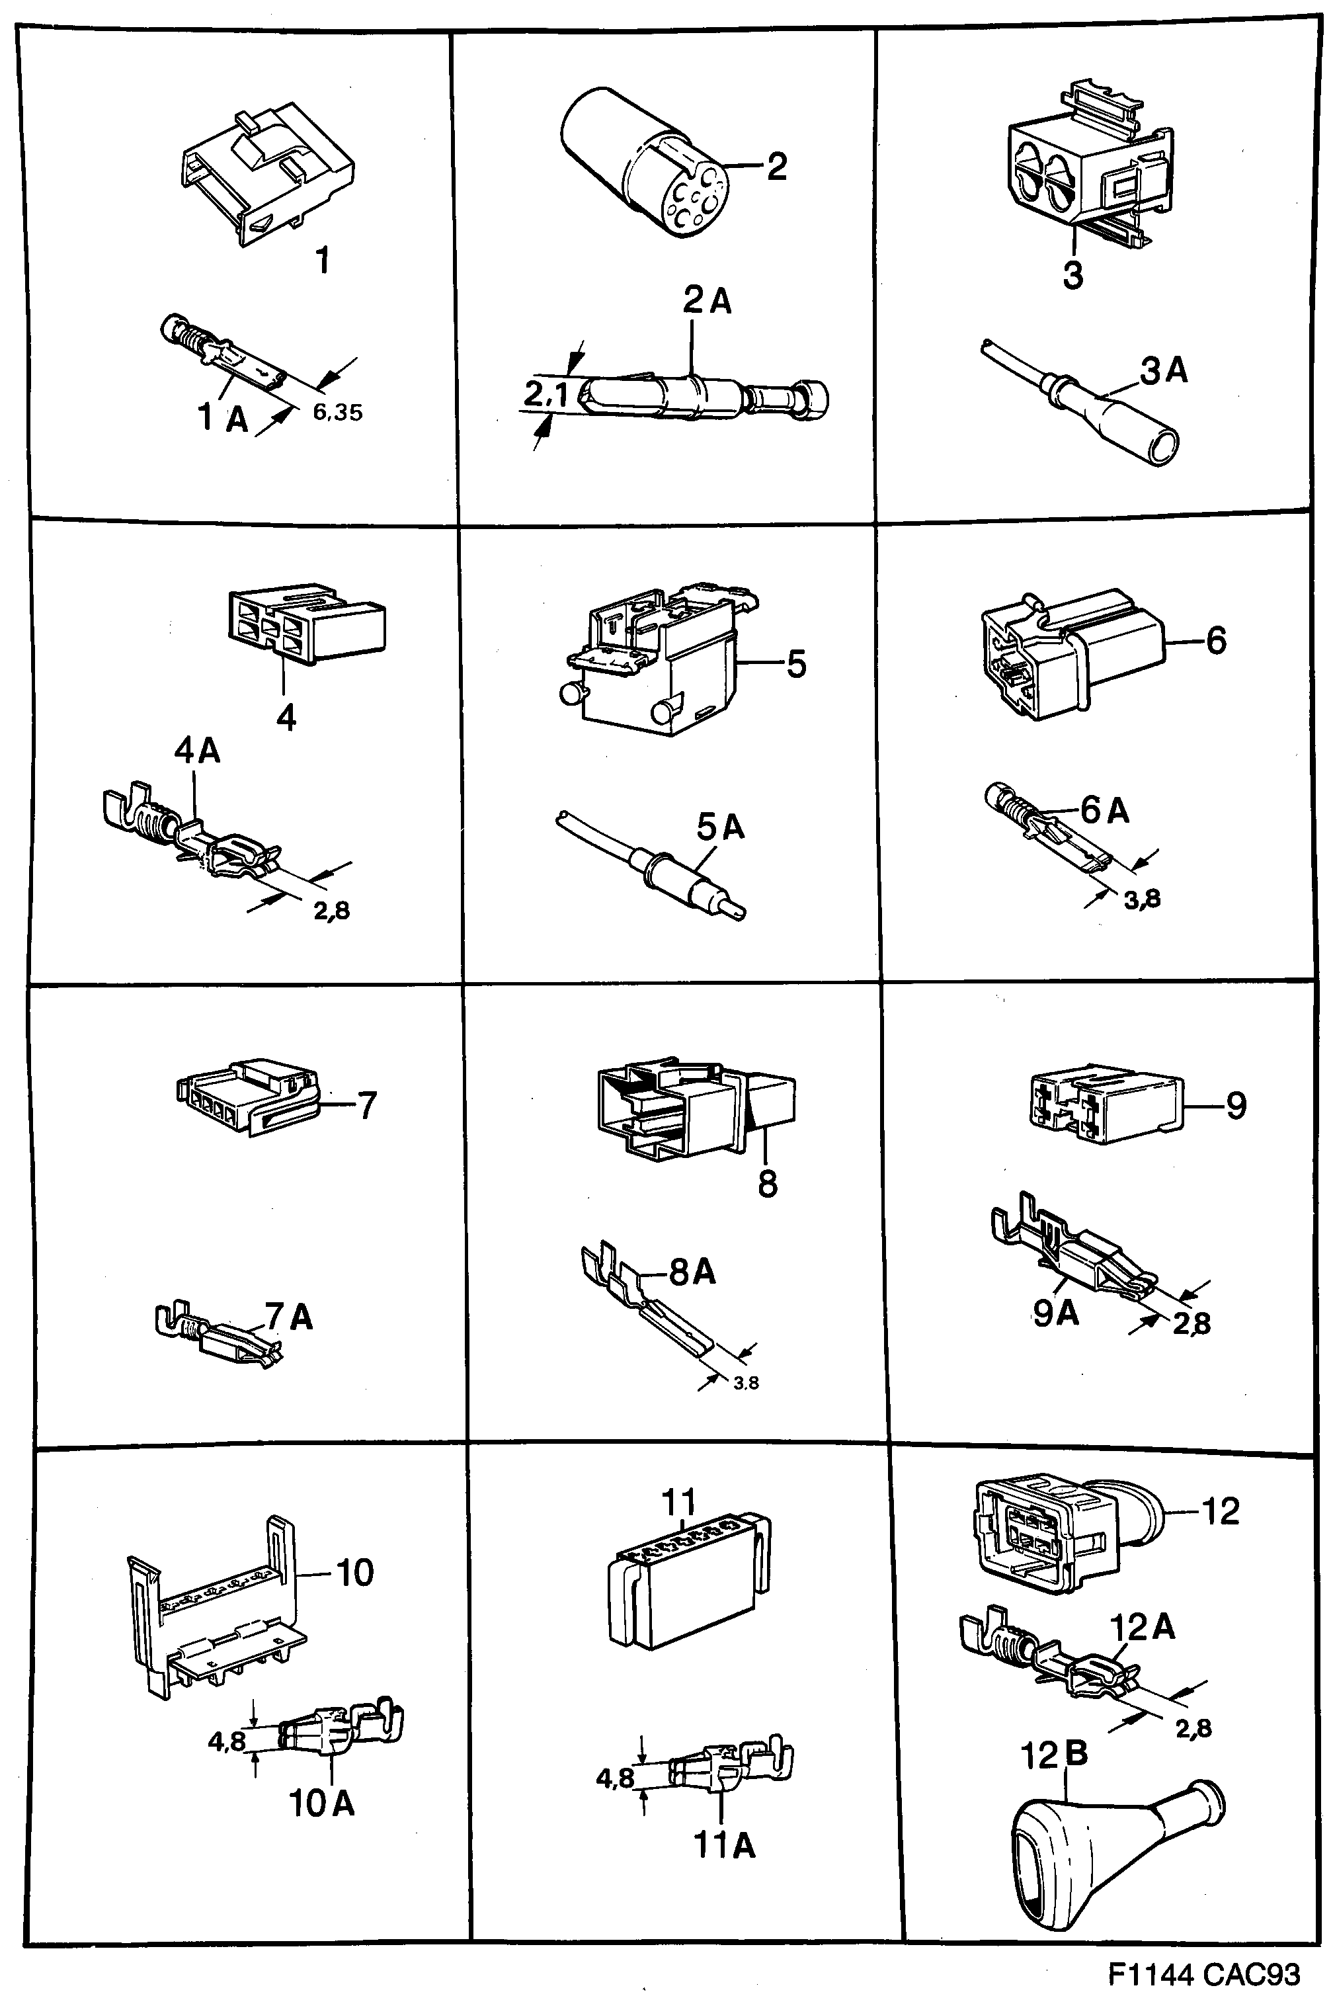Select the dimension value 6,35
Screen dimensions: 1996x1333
(337, 413)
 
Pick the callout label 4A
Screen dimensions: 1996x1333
(197, 751)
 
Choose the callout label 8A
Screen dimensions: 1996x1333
(692, 1272)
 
